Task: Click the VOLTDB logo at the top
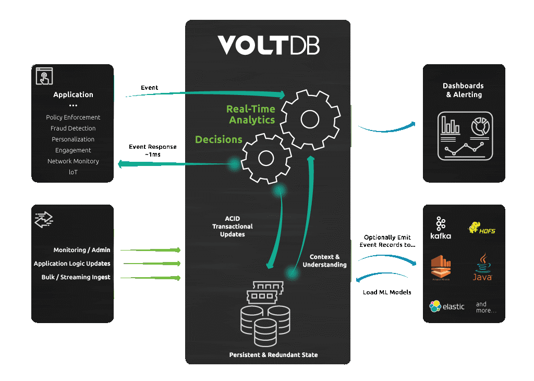[x=268, y=45]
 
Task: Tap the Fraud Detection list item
[x=73, y=128]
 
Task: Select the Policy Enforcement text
[x=73, y=117]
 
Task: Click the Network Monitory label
[x=73, y=161]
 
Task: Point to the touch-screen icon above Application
[x=44, y=76]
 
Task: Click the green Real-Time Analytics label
[x=251, y=114]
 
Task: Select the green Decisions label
[x=219, y=139]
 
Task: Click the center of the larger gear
[x=311, y=120]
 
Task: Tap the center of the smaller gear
[x=266, y=158]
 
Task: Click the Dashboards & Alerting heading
[x=463, y=90]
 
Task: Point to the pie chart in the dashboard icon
[x=479, y=126]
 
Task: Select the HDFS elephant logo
[x=480, y=228]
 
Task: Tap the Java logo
[x=482, y=267]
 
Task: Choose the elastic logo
[x=446, y=306]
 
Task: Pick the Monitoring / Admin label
[x=82, y=250]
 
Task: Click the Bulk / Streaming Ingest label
[x=76, y=277]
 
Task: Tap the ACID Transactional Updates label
[x=233, y=227]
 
